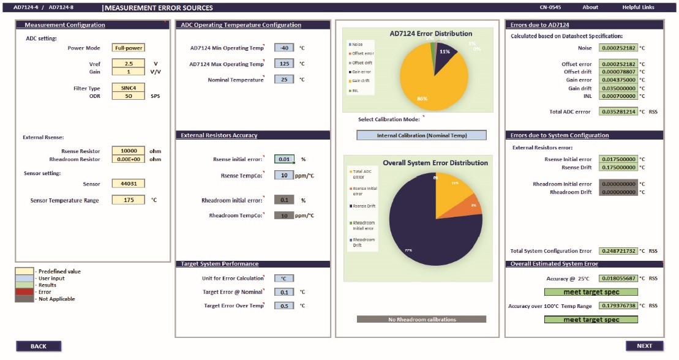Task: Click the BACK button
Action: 38,346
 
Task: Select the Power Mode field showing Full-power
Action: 129,48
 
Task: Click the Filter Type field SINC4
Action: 129,88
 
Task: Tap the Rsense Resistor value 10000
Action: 129,151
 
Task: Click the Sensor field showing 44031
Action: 129,183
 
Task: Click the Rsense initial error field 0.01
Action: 284,159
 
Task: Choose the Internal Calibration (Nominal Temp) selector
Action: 421,135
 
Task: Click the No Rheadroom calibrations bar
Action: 421,319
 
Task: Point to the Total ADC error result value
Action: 618,112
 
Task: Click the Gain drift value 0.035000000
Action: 618,88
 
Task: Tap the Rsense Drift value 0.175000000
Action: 618,167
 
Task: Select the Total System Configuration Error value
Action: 618,251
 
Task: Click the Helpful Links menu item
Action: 638,7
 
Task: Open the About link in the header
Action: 590,7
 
